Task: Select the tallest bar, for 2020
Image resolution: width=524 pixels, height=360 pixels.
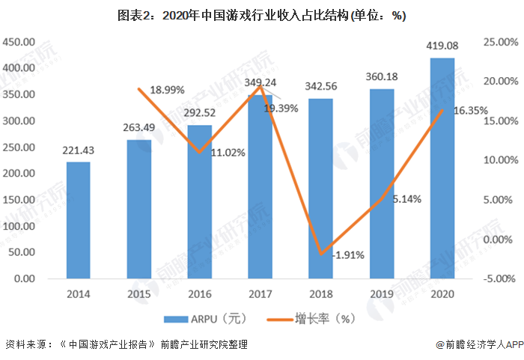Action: click(442, 168)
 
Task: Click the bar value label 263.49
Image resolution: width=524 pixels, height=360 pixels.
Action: click(139, 126)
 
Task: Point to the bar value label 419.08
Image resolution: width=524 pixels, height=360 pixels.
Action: click(443, 46)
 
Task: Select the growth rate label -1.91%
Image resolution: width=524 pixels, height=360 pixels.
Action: click(348, 254)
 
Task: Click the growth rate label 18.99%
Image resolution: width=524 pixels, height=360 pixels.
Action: click(167, 89)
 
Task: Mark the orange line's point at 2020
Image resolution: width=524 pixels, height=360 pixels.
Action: click(442, 110)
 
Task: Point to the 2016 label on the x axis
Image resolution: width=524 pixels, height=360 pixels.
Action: click(200, 294)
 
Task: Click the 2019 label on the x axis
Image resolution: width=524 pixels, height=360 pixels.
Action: click(382, 294)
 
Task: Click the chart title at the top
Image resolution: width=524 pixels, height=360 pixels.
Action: click(261, 16)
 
